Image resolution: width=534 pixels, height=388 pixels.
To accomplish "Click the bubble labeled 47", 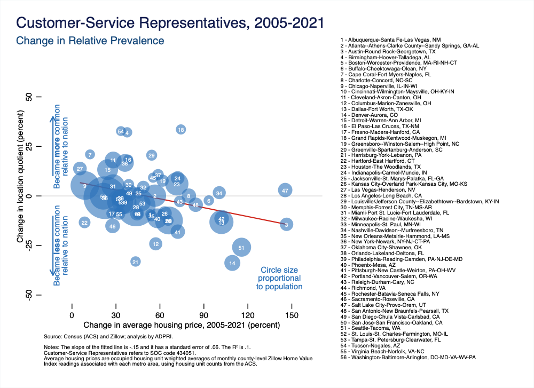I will tap(286, 191).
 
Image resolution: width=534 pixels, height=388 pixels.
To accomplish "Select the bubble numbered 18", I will tap(181, 130).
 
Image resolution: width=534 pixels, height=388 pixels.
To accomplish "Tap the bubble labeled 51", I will tap(241, 247).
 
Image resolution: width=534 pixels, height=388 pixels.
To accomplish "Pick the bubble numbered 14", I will tap(232, 263).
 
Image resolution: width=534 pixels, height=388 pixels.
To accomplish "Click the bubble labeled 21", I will tap(136, 262).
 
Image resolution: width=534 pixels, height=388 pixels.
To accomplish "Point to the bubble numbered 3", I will tap(286, 225).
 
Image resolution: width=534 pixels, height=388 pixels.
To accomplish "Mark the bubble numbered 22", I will tap(84, 222).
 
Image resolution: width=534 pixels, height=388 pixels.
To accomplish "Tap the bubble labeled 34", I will tap(219, 193).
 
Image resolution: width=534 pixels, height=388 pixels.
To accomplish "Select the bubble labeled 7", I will tap(90, 155).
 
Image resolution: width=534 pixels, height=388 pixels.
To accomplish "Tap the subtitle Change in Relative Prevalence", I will tap(90, 41).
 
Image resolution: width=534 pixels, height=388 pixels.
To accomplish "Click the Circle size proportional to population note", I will tap(279, 278).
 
